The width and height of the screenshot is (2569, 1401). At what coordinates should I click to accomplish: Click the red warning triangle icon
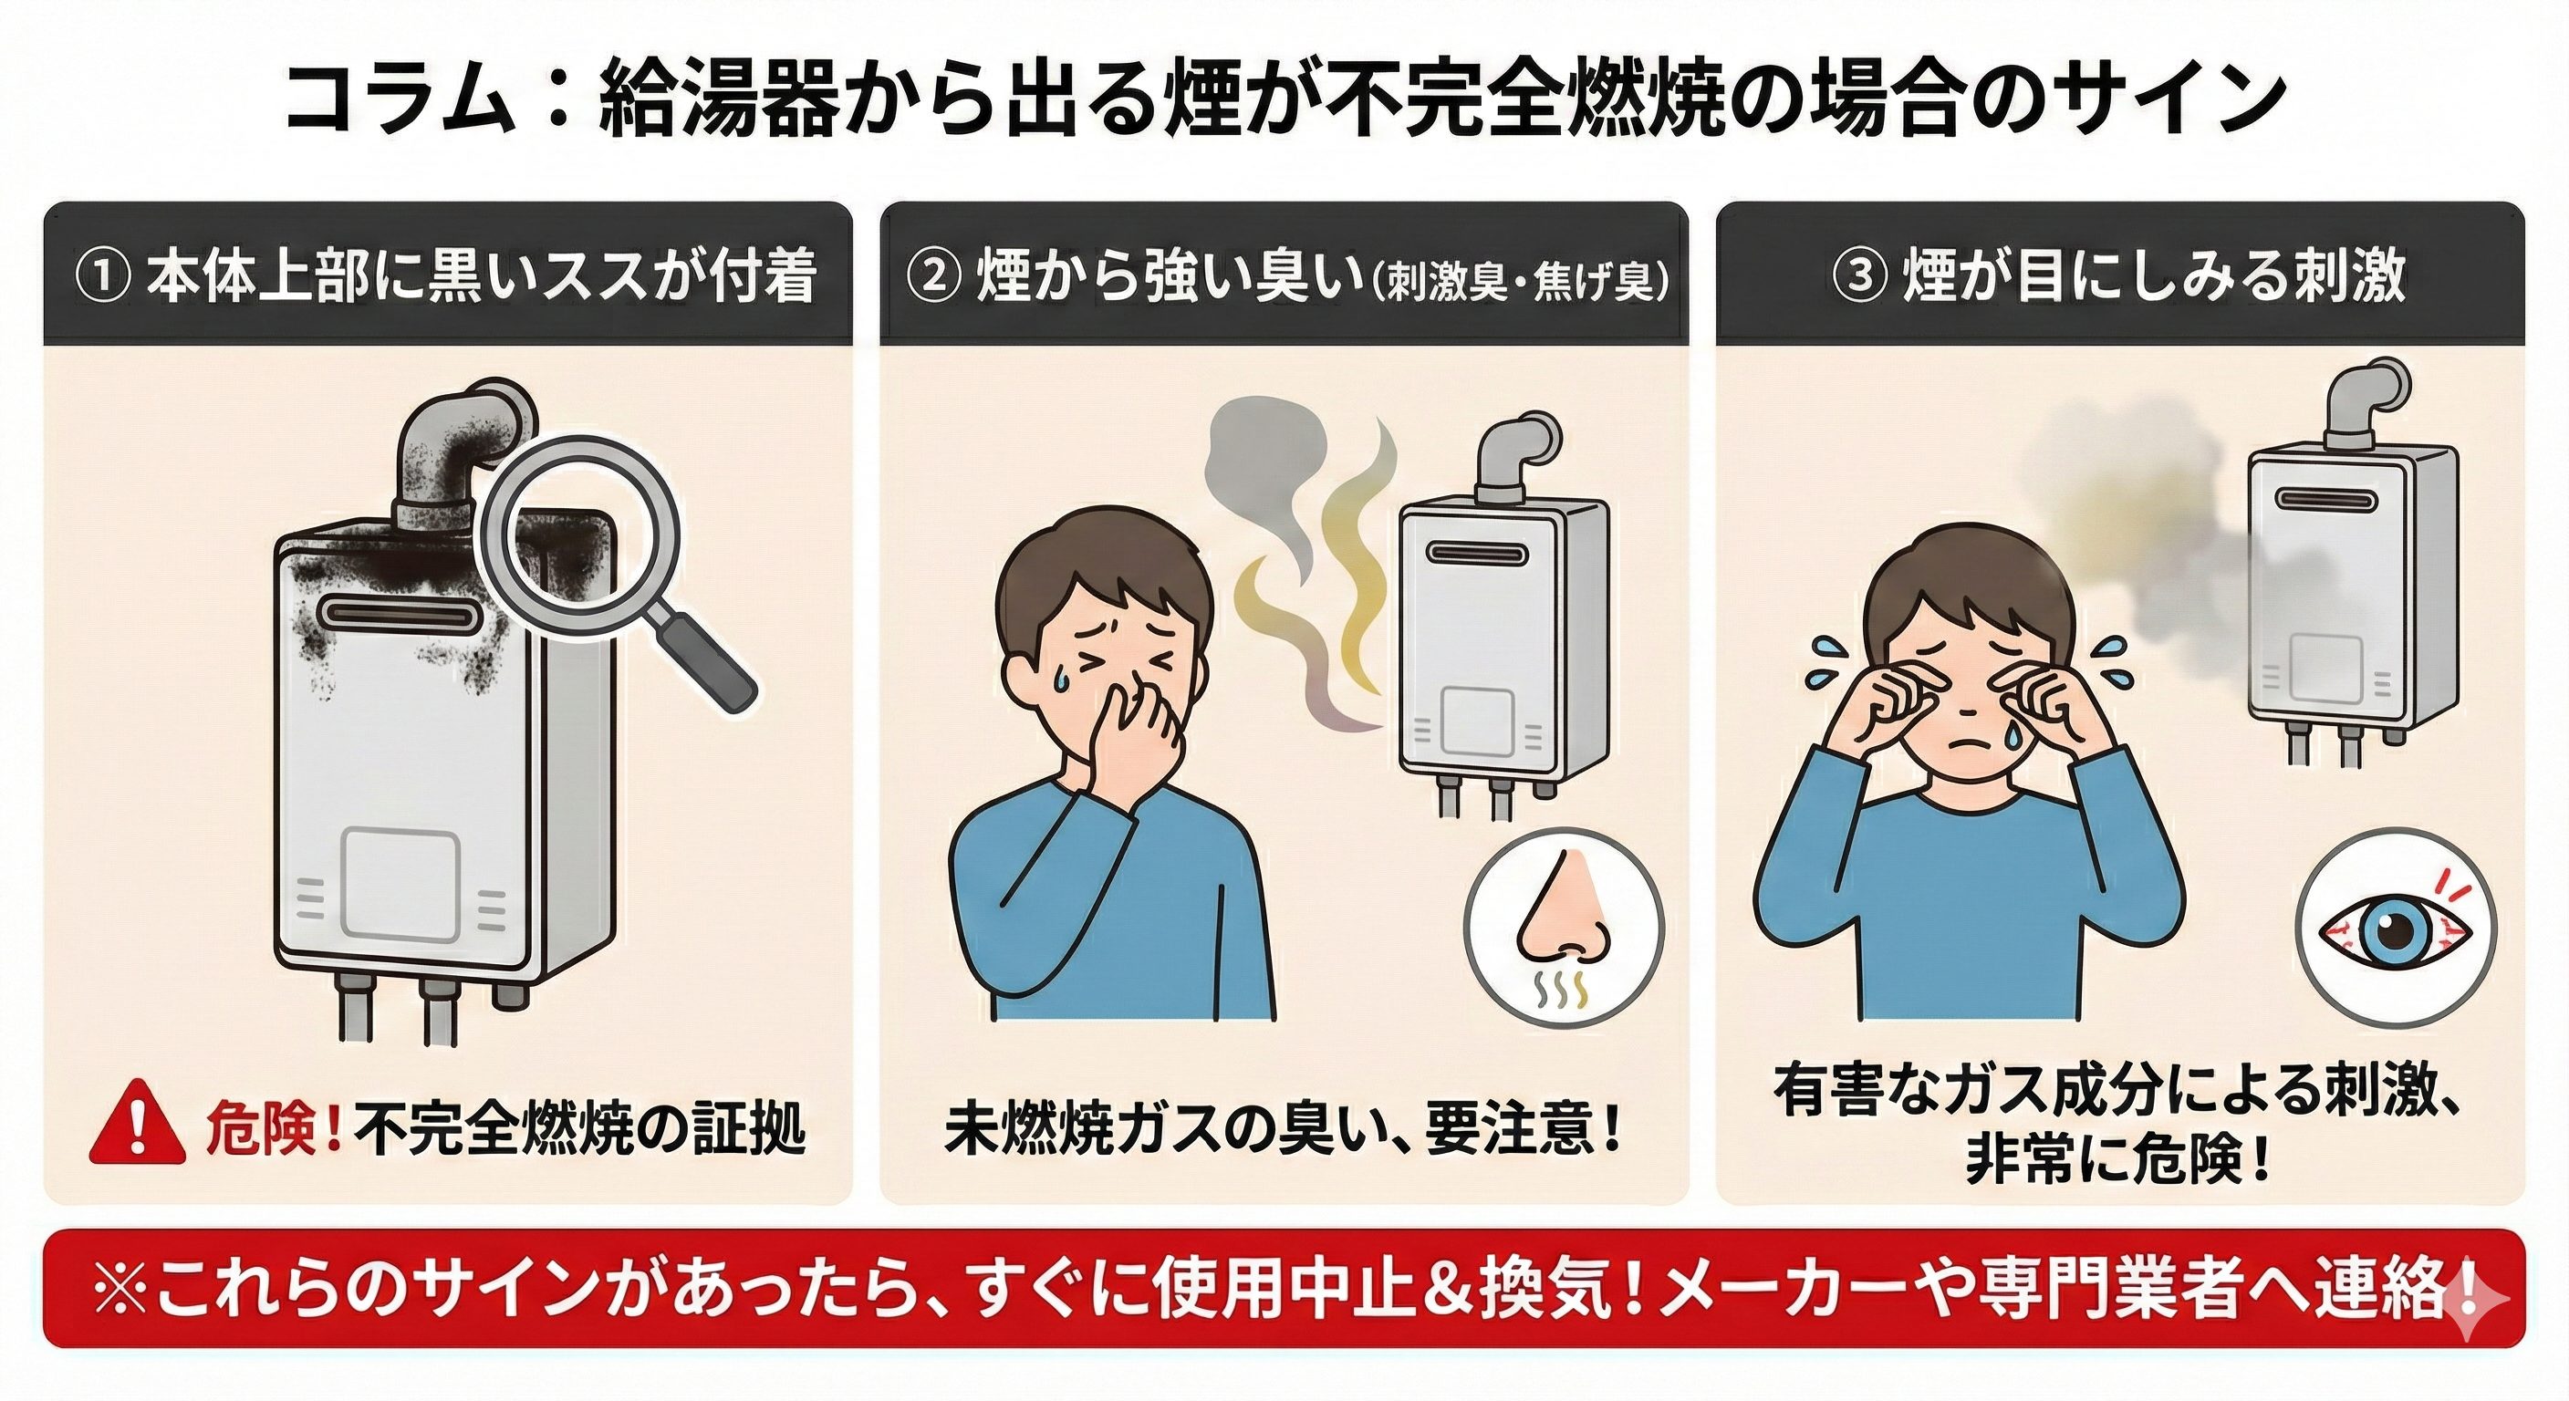coord(139,1126)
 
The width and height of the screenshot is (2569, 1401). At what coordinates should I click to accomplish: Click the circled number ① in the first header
coord(103,278)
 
